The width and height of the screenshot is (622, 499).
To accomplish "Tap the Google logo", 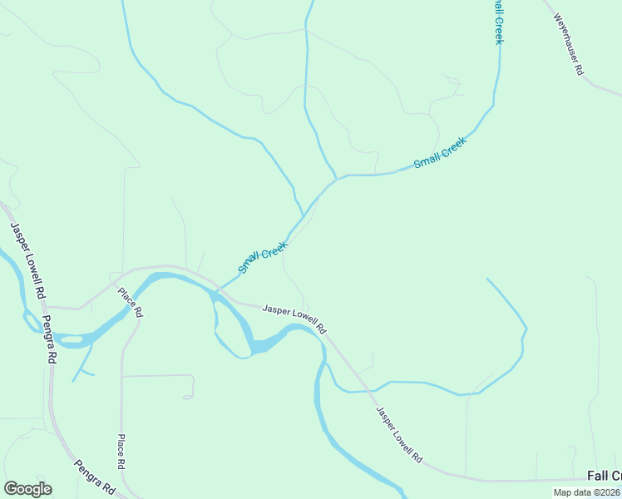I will pos(27,489).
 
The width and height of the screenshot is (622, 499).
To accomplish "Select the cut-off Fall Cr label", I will pos(604,476).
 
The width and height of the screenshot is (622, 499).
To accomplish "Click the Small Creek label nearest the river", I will pos(262,257).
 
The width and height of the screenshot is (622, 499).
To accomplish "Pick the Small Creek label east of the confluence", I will pos(440,152).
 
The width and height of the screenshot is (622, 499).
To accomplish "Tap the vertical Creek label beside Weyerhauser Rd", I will pos(497,22).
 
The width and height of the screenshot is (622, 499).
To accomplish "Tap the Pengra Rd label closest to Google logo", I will pos(94,477).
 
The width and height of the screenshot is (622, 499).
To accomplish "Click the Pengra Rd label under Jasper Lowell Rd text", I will pos(48,339).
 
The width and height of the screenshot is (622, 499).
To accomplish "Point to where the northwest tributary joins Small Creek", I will pos(302,214).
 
